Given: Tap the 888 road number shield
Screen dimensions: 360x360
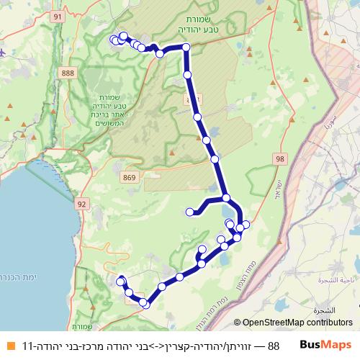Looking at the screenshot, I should [68, 73].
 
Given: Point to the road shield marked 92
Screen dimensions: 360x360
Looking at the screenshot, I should [81, 204].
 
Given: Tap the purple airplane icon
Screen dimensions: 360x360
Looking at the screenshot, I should [4, 53].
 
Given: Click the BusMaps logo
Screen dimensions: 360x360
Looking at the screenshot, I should [326, 345].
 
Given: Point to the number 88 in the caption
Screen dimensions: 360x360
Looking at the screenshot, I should [274, 346].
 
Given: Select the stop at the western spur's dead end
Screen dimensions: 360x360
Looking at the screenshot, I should [190, 212].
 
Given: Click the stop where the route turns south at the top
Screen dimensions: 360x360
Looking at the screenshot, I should [186, 48].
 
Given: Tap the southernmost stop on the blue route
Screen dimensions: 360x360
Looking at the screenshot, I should [145, 304].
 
